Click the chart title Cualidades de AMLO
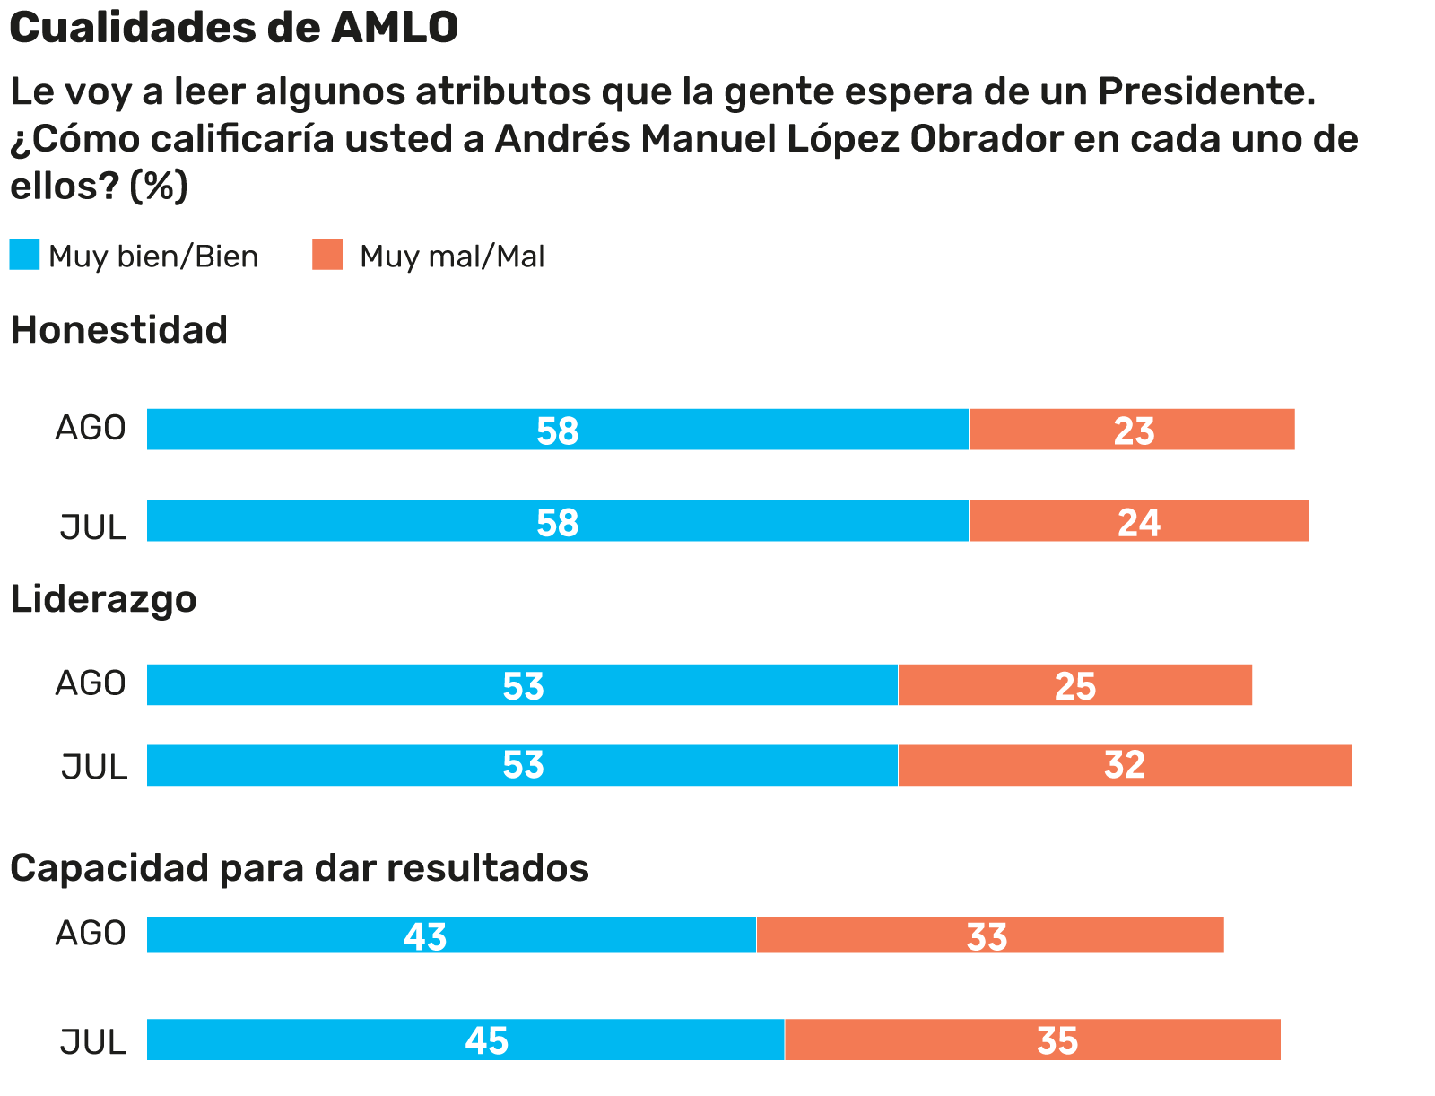233,29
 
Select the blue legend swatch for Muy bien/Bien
24,256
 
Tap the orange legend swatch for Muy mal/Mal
327,256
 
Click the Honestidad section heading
118,330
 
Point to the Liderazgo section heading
103,599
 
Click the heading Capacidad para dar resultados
299,868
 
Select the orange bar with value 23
1132,430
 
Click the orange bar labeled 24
1138,521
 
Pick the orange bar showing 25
1074,685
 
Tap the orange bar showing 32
1124,765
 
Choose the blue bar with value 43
451,935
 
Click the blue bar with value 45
465,1039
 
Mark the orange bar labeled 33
989,935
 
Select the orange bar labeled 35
1032,1039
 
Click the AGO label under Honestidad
91,429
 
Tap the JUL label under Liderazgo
93,768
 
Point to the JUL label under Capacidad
93,1042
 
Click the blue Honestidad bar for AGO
557,430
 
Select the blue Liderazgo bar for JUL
522,765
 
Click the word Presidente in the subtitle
1206,91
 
